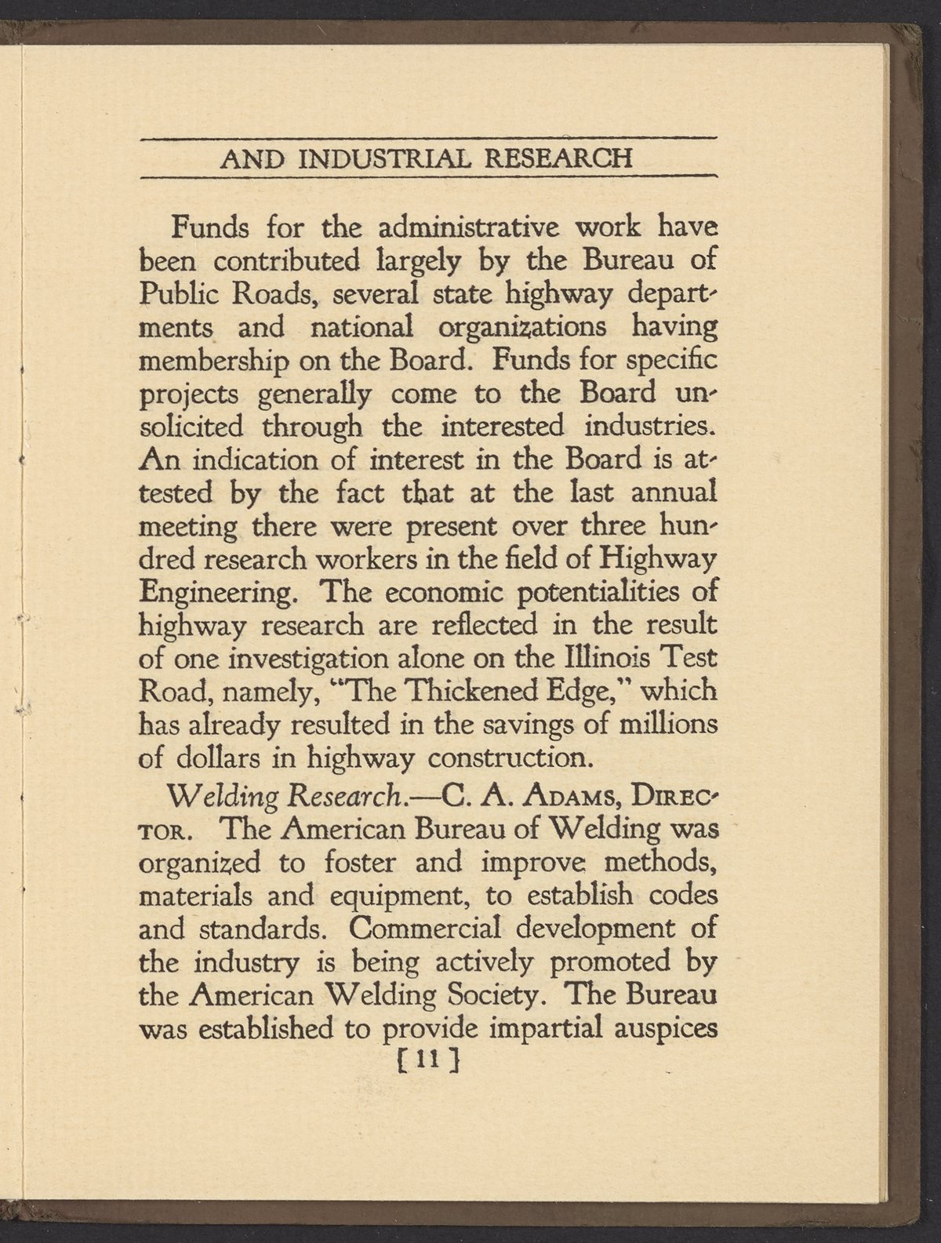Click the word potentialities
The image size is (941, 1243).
[583, 591]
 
